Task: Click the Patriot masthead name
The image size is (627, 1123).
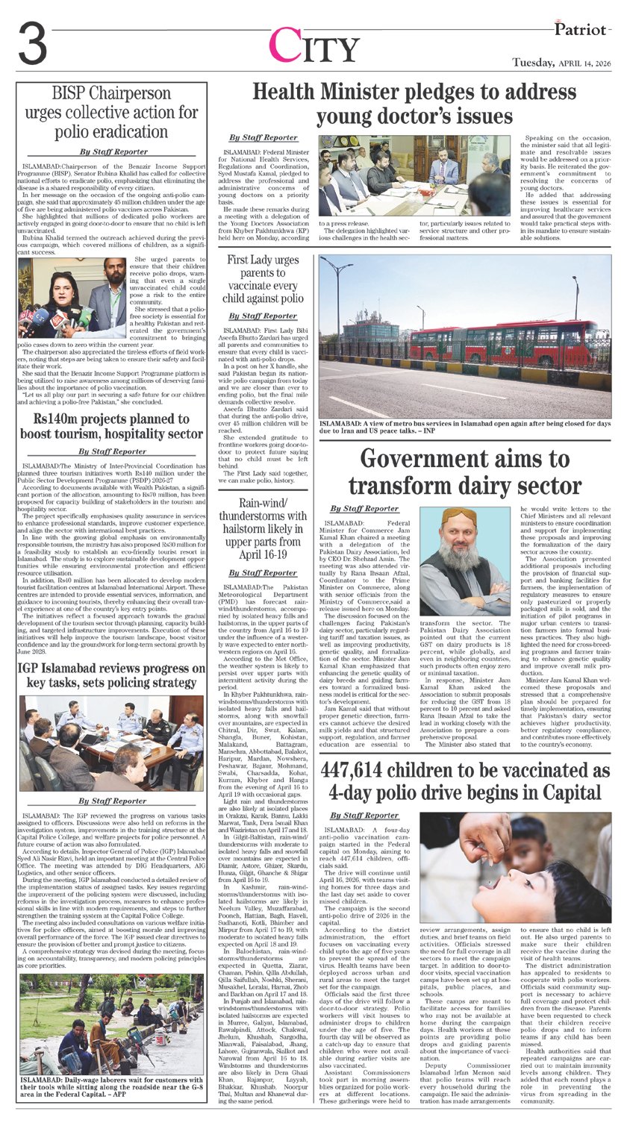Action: [582, 28]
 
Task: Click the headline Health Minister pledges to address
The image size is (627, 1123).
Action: [414, 104]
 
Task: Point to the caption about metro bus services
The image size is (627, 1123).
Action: [464, 428]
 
